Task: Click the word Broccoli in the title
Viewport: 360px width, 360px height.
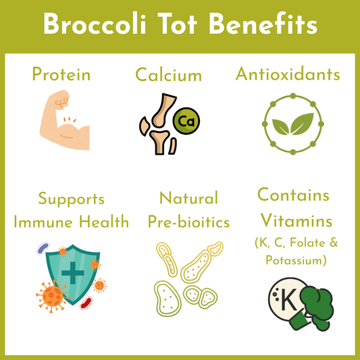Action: click(95, 24)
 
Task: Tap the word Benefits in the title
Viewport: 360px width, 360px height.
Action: click(263, 24)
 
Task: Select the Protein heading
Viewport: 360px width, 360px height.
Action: click(61, 74)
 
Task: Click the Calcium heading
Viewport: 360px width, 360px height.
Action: click(169, 75)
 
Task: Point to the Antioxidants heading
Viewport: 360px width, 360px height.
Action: click(288, 74)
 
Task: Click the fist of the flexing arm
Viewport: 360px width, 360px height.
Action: click(61, 99)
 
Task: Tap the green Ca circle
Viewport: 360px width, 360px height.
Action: click(186, 121)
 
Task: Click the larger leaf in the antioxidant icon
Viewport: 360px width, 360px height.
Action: click(302, 124)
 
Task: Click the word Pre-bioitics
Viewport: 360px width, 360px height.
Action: click(188, 222)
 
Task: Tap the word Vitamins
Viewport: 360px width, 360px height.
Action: click(297, 220)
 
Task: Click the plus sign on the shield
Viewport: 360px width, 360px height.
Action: click(73, 273)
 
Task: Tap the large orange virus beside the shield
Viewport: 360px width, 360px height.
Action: click(52, 297)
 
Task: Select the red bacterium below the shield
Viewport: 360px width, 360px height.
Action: click(86, 303)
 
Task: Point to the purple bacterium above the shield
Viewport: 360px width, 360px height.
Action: click(43, 248)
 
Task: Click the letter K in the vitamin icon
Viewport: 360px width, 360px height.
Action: click(288, 300)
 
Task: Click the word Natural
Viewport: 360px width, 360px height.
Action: click(188, 198)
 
